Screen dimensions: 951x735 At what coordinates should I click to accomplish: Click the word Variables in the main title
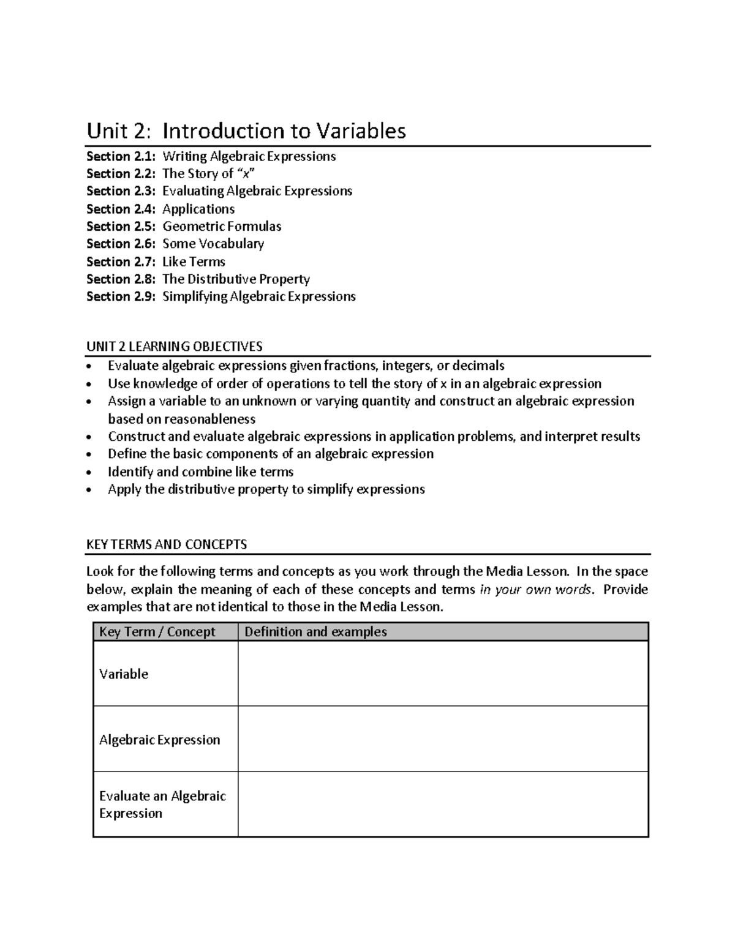pyautogui.click(x=361, y=130)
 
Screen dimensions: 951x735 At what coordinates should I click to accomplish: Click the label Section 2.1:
pyautogui.click(x=121, y=156)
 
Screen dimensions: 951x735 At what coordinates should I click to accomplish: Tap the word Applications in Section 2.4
pyautogui.click(x=198, y=209)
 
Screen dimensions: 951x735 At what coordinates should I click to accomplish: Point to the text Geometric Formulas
pyautogui.click(x=222, y=227)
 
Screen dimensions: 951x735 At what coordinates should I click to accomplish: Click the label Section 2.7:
pyautogui.click(x=121, y=261)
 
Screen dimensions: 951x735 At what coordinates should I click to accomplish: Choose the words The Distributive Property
pyautogui.click(x=236, y=279)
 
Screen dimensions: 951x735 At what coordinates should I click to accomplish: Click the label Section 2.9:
pyautogui.click(x=121, y=296)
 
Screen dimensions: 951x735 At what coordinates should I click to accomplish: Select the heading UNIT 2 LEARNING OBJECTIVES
pyautogui.click(x=175, y=347)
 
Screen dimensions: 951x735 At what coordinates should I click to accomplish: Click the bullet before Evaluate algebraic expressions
pyautogui.click(x=91, y=367)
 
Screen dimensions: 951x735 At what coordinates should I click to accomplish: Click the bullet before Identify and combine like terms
pyautogui.click(x=91, y=473)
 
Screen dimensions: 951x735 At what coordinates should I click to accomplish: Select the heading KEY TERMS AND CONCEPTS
pyautogui.click(x=167, y=544)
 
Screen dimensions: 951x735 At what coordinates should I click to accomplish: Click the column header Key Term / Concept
pyautogui.click(x=157, y=632)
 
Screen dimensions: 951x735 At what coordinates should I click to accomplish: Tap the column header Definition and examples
pyautogui.click(x=315, y=632)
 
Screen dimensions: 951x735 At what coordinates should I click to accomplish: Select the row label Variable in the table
pyautogui.click(x=124, y=674)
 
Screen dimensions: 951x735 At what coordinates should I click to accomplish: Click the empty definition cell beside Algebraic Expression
pyautogui.click(x=442, y=739)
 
